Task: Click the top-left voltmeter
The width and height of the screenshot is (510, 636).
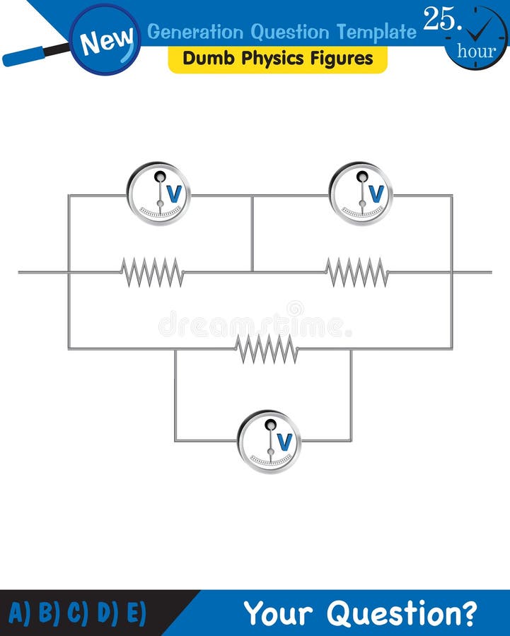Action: click(x=158, y=194)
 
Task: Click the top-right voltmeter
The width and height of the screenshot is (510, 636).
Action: click(x=361, y=194)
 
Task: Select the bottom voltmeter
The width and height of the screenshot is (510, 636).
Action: click(x=269, y=442)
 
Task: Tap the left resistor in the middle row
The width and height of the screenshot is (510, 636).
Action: click(x=152, y=272)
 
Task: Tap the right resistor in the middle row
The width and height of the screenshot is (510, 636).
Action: click(x=357, y=272)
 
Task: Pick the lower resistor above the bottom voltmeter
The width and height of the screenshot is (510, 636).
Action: click(x=267, y=348)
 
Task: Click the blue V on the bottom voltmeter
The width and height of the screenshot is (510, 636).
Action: click(x=284, y=442)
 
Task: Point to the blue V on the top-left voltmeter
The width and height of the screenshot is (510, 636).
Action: click(x=174, y=194)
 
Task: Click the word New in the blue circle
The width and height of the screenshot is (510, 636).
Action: click(x=105, y=42)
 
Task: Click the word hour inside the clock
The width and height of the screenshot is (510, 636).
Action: click(x=476, y=50)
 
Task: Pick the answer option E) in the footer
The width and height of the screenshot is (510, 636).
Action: click(x=134, y=613)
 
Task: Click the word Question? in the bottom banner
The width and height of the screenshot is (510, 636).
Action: click(x=412, y=613)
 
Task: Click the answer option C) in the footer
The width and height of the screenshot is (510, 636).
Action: click(x=77, y=613)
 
